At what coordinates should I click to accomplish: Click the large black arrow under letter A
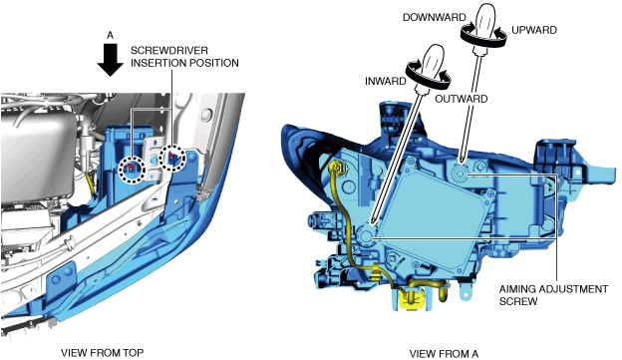(x=111, y=60)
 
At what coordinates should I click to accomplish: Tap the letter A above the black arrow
(x=111, y=35)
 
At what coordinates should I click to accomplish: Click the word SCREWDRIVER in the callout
(x=169, y=51)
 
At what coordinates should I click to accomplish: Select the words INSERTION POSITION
(x=184, y=63)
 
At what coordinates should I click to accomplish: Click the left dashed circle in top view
(x=132, y=170)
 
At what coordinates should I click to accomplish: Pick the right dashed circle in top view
(x=172, y=158)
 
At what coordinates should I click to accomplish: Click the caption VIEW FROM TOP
(x=103, y=352)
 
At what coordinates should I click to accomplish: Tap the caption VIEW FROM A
(x=444, y=354)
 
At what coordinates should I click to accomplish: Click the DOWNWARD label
(x=434, y=18)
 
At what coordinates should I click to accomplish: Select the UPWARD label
(x=534, y=30)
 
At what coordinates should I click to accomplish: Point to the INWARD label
(x=385, y=82)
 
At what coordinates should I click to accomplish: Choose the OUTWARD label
(x=461, y=99)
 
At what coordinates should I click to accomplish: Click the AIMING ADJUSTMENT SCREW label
(x=553, y=295)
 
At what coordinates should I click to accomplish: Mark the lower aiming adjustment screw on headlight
(x=366, y=235)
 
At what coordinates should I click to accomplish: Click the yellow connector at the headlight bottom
(x=412, y=299)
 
